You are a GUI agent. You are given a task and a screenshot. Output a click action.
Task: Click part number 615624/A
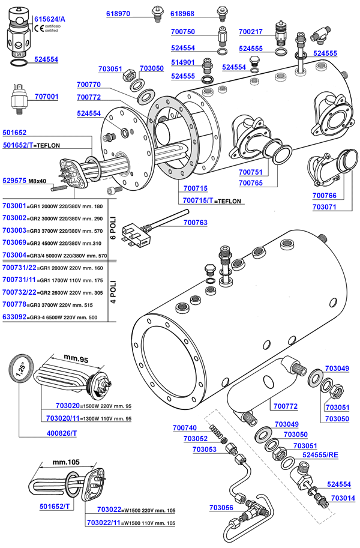coord(50,20)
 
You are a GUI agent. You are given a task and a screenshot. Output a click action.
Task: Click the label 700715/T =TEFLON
coord(213,200)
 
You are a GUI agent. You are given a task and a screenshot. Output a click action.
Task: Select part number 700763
coord(194,223)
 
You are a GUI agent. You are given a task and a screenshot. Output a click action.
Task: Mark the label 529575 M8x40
coord(29,179)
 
